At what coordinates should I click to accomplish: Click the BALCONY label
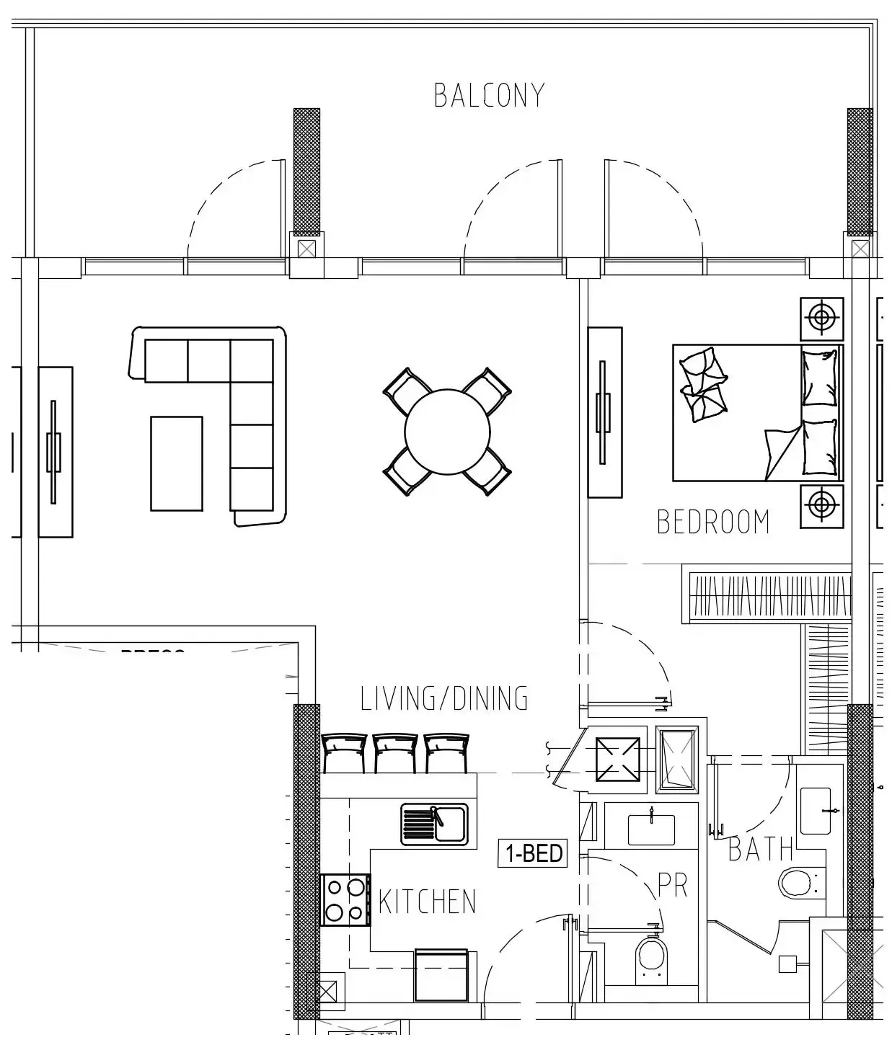click(x=489, y=96)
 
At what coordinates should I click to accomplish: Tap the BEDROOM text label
click(x=713, y=522)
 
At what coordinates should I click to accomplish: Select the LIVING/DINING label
click(x=444, y=698)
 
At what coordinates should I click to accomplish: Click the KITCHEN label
click(x=427, y=902)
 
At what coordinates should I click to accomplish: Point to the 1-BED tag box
click(x=534, y=853)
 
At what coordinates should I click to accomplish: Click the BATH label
click(x=760, y=850)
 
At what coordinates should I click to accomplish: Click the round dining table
click(x=447, y=431)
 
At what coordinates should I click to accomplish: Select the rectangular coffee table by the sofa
click(x=176, y=463)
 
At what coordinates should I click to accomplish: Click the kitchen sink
click(x=434, y=824)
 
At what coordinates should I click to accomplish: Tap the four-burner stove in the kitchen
click(x=345, y=899)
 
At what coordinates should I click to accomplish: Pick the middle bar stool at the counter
click(x=395, y=753)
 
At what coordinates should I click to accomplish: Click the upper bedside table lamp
click(x=821, y=317)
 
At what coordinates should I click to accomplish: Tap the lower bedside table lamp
click(x=821, y=505)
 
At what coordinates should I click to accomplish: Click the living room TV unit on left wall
click(x=55, y=452)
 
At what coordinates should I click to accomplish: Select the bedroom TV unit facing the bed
click(x=604, y=412)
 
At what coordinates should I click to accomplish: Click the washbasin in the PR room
click(x=650, y=829)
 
